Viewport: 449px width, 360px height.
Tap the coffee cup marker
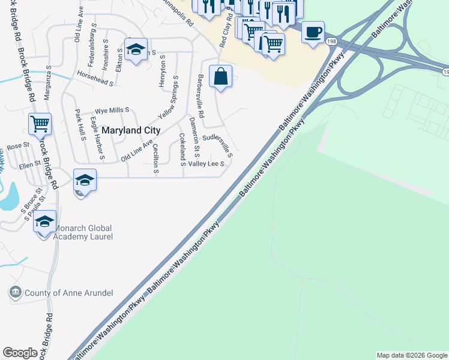click(312, 32)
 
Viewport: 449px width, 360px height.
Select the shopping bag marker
click(221, 77)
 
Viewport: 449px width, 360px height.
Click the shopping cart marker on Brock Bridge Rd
click(40, 125)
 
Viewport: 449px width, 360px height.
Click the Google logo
click(20, 353)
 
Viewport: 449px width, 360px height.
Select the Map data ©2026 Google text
click(411, 355)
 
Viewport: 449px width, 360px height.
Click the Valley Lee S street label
click(206, 163)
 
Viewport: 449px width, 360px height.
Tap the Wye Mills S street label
click(112, 111)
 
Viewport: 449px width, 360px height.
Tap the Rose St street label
click(18, 146)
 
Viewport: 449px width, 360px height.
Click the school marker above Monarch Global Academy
click(85, 181)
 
